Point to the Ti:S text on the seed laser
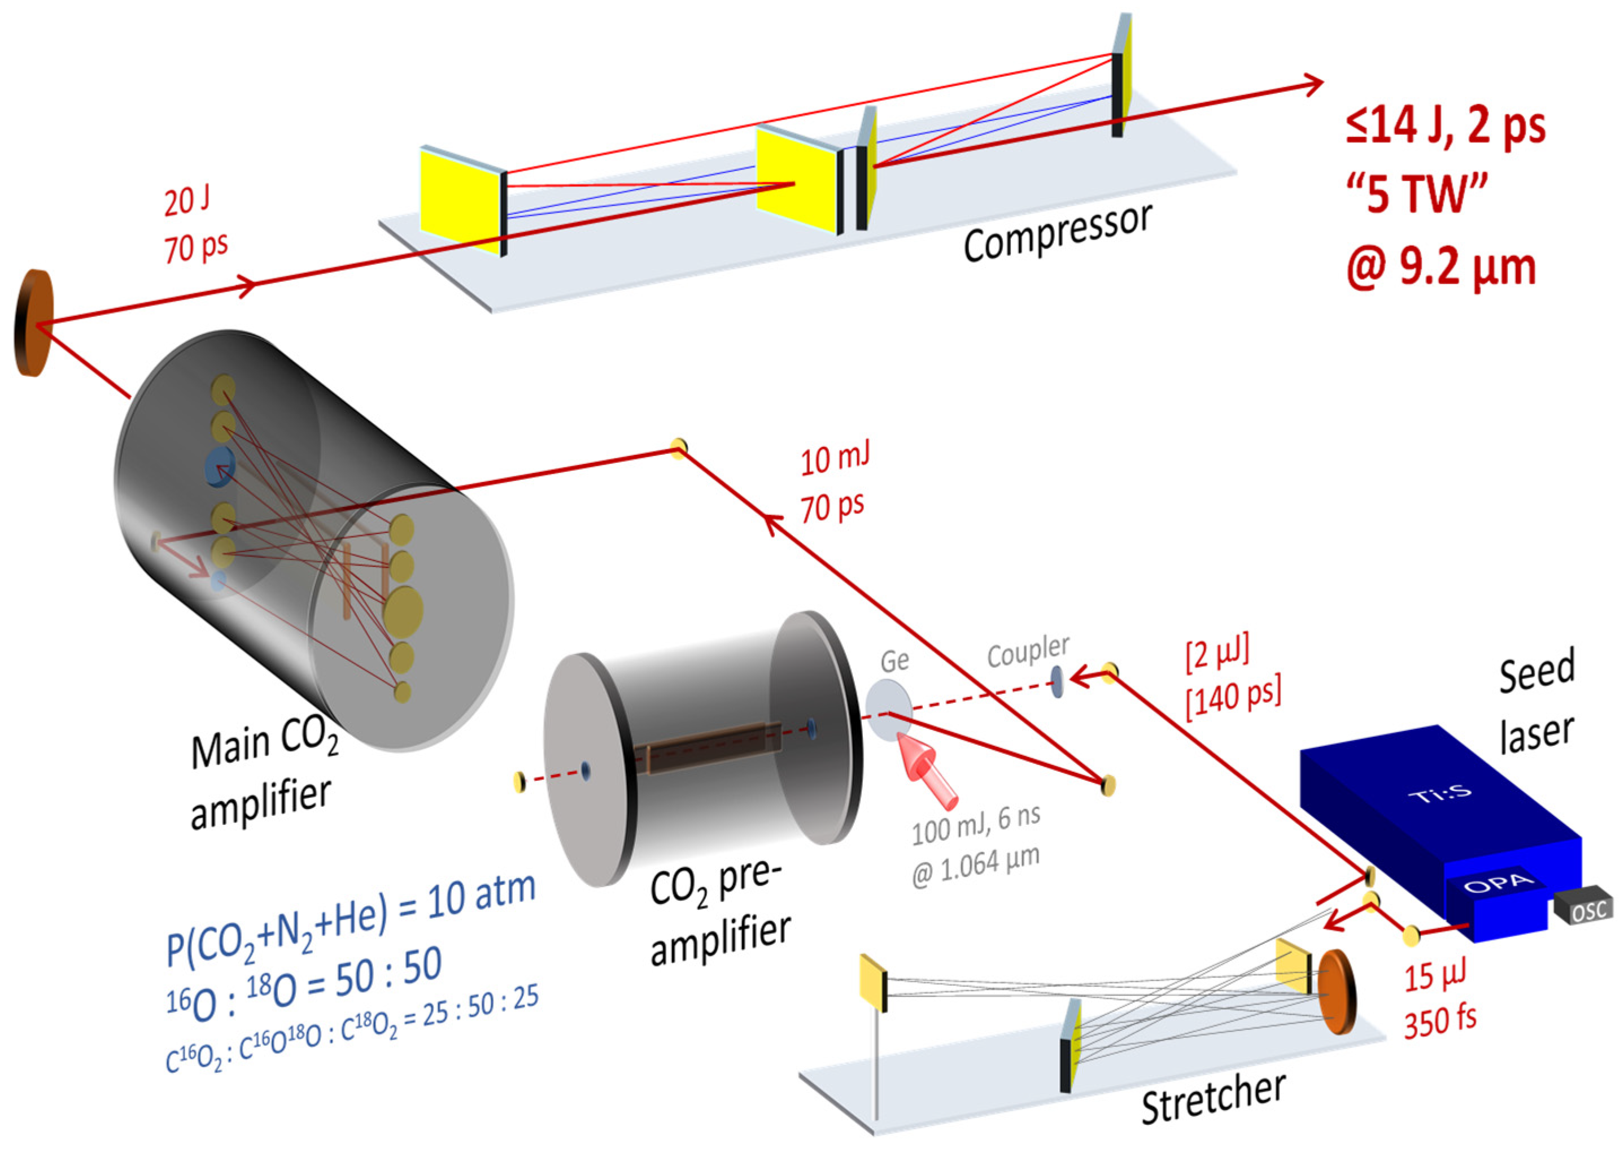pos(1440,793)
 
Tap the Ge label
pos(894,661)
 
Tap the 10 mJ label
pos(835,458)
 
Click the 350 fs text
pos(1440,1021)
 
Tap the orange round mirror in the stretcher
pos(1336,991)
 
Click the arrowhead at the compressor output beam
pos(1313,84)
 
